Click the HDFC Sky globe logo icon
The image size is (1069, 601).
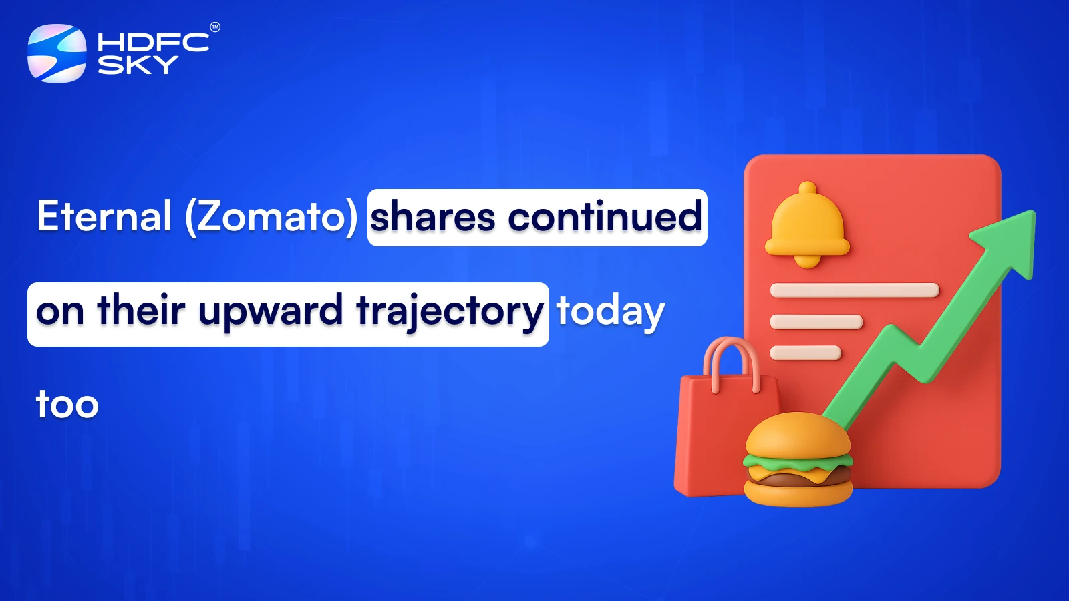click(57, 53)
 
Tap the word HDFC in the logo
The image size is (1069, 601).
click(153, 42)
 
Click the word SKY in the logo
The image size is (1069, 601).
click(138, 65)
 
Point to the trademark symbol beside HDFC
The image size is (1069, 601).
click(215, 27)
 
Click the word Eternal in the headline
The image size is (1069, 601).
click(105, 216)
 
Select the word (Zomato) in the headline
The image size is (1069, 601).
click(271, 216)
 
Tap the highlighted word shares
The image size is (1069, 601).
click(433, 218)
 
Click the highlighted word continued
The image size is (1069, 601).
click(605, 218)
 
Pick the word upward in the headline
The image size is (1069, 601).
click(271, 311)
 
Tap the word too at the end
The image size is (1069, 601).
click(67, 405)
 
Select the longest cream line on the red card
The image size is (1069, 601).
click(855, 290)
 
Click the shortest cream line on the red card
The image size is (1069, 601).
click(805, 353)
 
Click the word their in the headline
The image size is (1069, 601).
click(141, 311)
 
